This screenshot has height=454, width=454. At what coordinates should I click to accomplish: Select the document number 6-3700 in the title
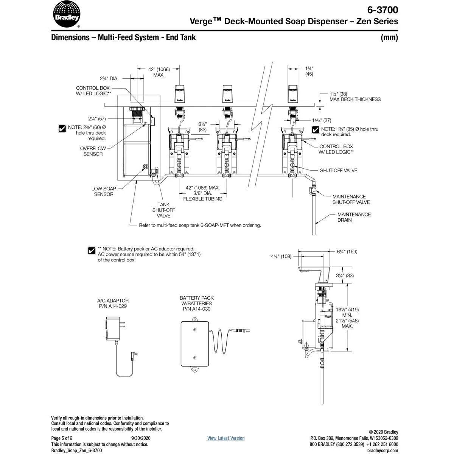[382, 9]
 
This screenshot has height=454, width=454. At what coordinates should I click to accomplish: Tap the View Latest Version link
[226, 438]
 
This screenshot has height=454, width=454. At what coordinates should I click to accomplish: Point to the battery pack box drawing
[196, 344]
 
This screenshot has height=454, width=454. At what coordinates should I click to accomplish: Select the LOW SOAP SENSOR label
[104, 191]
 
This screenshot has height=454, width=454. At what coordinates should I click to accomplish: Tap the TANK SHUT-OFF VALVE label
[163, 210]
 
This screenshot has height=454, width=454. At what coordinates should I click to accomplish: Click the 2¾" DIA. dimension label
[109, 79]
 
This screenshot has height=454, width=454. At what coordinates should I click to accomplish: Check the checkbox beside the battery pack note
[91, 250]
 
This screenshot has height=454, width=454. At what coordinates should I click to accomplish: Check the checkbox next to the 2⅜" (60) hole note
[62, 129]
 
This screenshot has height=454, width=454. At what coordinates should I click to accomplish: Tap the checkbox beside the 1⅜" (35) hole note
[316, 130]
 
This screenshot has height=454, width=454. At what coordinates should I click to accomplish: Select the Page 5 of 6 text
[62, 438]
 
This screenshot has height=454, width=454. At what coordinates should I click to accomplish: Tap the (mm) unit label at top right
[389, 37]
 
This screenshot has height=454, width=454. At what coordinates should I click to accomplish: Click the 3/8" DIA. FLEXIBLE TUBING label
[203, 196]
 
